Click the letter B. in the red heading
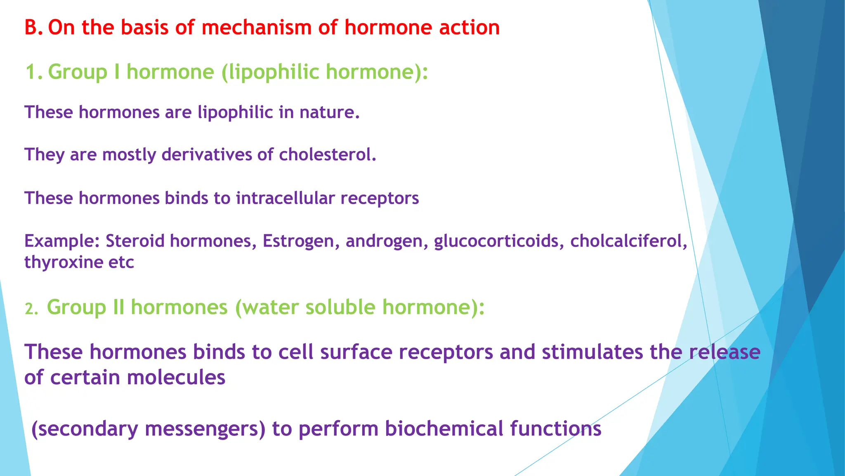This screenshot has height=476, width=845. click(x=33, y=28)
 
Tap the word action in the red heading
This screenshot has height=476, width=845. click(x=469, y=28)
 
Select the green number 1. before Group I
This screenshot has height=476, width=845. click(x=34, y=72)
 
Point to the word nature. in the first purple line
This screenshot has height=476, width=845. click(x=330, y=112)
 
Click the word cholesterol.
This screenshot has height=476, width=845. click(x=328, y=155)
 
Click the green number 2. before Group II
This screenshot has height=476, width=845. click(x=31, y=309)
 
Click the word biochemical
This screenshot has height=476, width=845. click(x=444, y=428)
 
